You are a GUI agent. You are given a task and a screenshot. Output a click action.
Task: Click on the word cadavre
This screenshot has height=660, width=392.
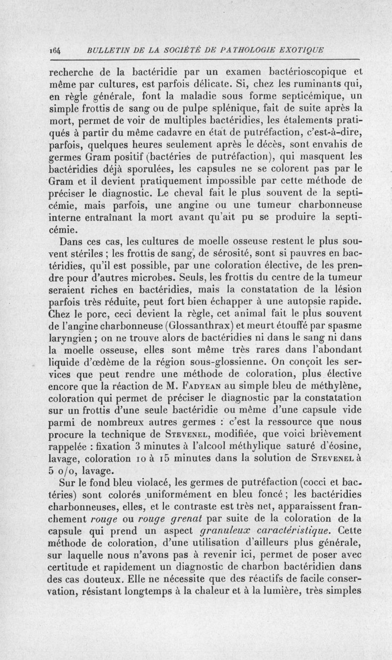pyautogui.click(x=179, y=132)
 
